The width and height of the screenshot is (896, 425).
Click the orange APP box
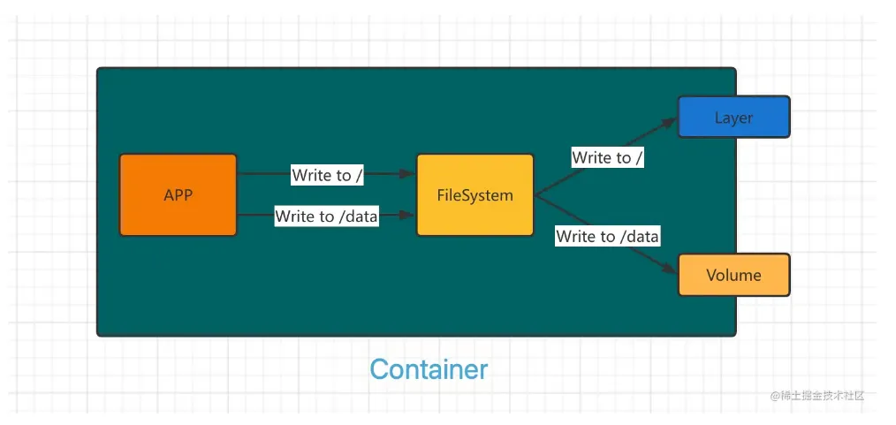point(178,194)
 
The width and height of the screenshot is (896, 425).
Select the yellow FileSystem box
point(475,194)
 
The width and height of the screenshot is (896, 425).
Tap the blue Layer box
point(733,118)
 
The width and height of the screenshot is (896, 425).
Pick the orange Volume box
point(733,275)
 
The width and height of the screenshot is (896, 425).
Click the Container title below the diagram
point(429,369)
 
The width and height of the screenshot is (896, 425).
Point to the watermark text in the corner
point(816,395)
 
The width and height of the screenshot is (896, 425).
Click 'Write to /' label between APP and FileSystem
point(328,175)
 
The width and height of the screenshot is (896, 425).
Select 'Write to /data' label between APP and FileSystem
point(326,216)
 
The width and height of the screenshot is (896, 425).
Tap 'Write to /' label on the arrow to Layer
point(608,157)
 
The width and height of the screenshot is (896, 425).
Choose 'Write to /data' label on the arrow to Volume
point(608,236)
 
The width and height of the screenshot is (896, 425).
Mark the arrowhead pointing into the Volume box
point(671,270)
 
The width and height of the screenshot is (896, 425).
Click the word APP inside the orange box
point(178,195)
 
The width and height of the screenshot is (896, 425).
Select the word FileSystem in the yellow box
point(475,195)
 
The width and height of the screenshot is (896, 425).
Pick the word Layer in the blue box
point(733,118)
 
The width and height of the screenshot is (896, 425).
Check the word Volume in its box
point(733,276)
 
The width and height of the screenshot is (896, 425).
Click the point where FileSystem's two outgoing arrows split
point(535,195)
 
